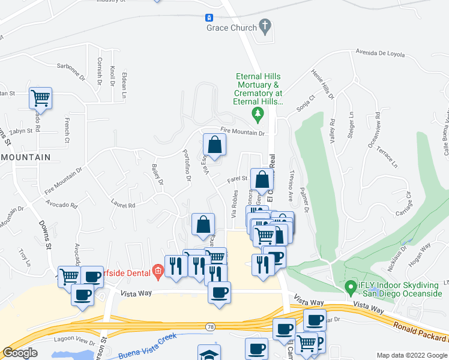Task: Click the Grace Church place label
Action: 231,28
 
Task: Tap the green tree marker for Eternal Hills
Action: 258,113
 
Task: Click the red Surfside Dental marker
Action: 157,272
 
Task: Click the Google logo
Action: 20,353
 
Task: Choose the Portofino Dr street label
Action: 187,166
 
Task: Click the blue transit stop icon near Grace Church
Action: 209,19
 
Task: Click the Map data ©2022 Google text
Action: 411,355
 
